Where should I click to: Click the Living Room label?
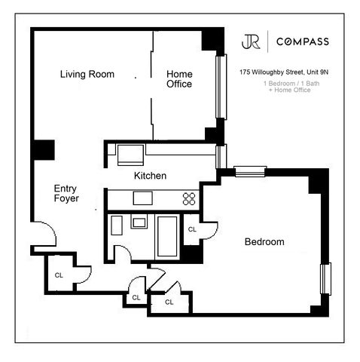click(x=87, y=74)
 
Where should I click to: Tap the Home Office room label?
click(x=179, y=79)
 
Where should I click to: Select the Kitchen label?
click(x=150, y=176)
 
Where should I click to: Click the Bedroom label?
click(x=264, y=242)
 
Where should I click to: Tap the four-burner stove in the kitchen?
click(x=189, y=199)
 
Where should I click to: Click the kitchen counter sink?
click(x=142, y=198)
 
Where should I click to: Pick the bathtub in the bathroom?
click(x=166, y=236)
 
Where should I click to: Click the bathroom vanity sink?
click(x=139, y=222)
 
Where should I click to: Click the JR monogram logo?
click(x=251, y=41)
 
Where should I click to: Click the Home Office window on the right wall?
click(x=221, y=87)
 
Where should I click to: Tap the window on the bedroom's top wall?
click(x=249, y=171)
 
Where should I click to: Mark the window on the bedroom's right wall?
click(x=325, y=278)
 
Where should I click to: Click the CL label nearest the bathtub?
click(x=192, y=229)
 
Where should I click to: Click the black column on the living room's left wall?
click(x=42, y=149)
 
